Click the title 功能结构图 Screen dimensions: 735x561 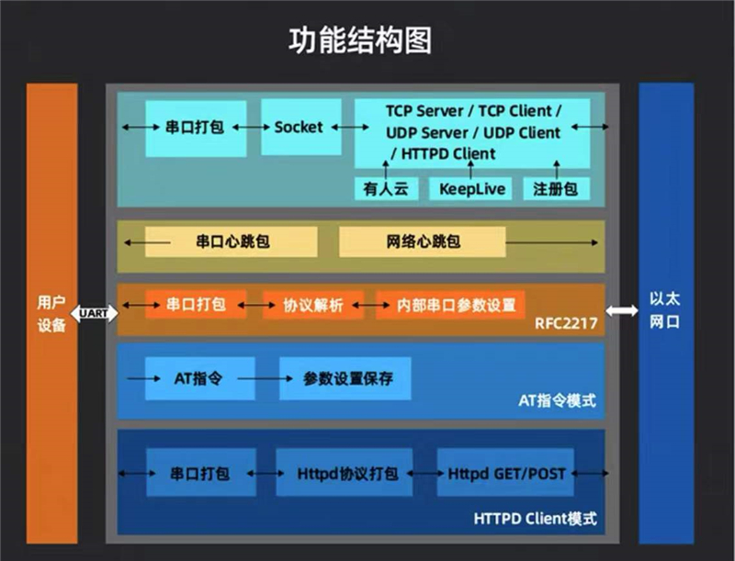360,40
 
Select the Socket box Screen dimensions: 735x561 301,127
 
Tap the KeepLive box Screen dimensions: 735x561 470,189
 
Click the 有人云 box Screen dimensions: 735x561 386,189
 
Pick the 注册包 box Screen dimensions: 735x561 557,189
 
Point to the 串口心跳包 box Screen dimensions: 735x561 232,241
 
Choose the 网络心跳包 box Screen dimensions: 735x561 423,241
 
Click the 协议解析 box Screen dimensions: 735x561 313,305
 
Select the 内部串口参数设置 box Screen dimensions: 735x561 450,305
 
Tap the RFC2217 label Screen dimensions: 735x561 566,323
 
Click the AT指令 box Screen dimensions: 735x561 200,378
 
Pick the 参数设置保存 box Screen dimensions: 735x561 345,378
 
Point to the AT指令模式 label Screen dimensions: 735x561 558,401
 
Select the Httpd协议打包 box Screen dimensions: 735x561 345,473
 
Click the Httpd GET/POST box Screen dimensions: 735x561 505,473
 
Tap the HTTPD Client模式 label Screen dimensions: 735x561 536,519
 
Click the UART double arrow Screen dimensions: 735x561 95,313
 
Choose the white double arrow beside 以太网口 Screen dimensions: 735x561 622,310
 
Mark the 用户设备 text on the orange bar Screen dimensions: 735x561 51,314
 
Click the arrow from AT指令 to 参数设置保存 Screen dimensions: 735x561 266,378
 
